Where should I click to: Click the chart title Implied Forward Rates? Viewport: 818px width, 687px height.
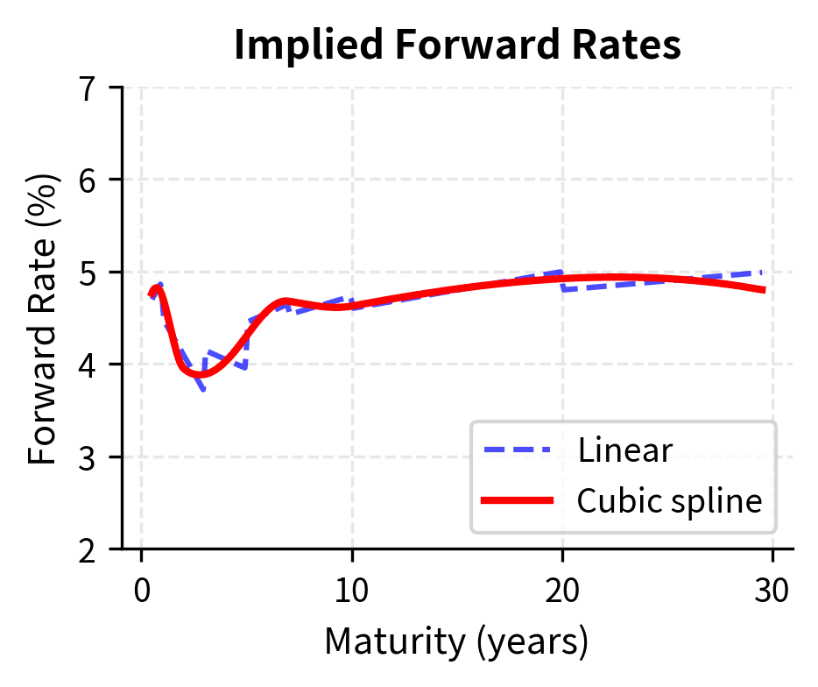(x=457, y=46)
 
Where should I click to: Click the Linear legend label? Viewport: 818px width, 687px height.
(x=624, y=450)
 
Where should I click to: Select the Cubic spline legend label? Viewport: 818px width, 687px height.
(x=669, y=500)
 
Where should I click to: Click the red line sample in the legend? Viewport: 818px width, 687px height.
(x=517, y=500)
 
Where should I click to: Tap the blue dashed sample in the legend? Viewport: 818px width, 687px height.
(x=517, y=450)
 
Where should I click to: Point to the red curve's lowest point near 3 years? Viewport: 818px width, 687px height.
(x=201, y=374)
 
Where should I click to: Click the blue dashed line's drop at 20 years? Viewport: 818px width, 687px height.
(x=562, y=280)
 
